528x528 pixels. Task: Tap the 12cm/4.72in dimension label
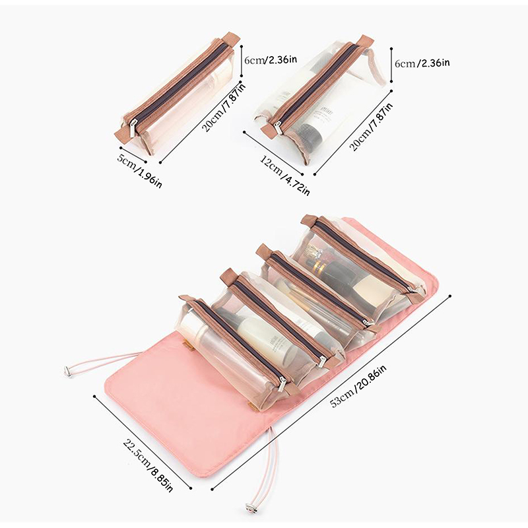[x=285, y=176]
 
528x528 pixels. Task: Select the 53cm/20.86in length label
[x=358, y=385]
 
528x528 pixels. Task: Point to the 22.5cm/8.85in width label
[x=148, y=466]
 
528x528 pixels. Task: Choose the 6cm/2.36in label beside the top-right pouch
[x=422, y=63]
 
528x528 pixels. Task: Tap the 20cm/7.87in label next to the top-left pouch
[x=224, y=107]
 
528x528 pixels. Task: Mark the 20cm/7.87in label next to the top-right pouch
[x=371, y=127]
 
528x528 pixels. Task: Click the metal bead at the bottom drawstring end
[x=250, y=507]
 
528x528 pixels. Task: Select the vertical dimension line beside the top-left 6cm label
[x=242, y=61]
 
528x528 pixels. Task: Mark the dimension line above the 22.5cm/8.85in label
[x=143, y=442]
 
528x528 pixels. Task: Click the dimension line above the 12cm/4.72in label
[x=274, y=153]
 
